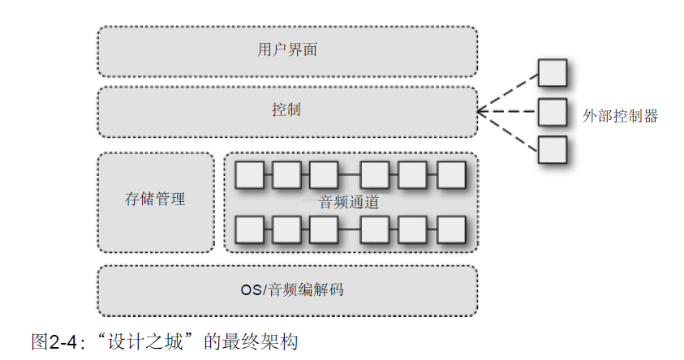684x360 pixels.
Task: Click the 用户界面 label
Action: tap(286, 49)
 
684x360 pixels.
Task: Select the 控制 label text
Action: tap(286, 109)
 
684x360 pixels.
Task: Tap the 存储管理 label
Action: tap(155, 199)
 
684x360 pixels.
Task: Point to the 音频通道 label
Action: tap(350, 203)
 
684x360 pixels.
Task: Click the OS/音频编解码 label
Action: tap(287, 289)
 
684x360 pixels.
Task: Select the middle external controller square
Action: tap(553, 111)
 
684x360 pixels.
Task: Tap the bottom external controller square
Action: tap(553, 150)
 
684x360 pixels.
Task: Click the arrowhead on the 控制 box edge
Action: tap(482, 112)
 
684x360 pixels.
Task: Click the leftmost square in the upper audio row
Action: tap(248, 174)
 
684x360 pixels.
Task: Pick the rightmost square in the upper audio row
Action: tap(451, 174)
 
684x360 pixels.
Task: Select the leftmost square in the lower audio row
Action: tap(248, 229)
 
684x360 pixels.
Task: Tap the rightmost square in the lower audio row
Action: tap(451, 229)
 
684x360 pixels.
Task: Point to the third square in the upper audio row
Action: tap(323, 174)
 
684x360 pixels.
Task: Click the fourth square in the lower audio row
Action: tap(375, 229)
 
